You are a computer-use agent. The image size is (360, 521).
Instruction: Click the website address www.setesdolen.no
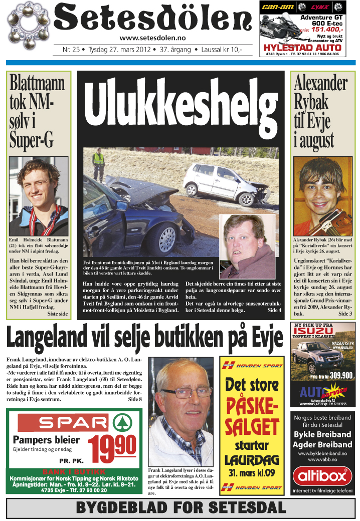pos(153,38)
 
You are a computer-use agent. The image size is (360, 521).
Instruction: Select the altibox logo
pos(322,475)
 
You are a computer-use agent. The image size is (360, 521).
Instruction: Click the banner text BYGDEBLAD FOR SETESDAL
pos(180,508)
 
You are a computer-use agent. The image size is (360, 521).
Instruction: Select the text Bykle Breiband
pos(322,434)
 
